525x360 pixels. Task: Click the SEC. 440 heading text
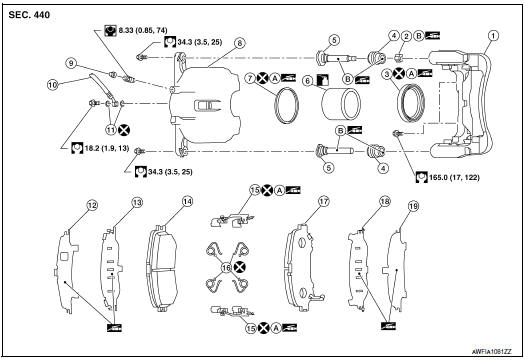coord(30,14)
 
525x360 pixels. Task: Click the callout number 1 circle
coord(491,37)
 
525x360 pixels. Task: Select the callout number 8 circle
coord(240,43)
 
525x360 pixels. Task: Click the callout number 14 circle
coord(186,201)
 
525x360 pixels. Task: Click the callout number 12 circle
coord(91,206)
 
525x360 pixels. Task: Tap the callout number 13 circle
coord(138,202)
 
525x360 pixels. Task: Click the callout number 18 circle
coord(384,202)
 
